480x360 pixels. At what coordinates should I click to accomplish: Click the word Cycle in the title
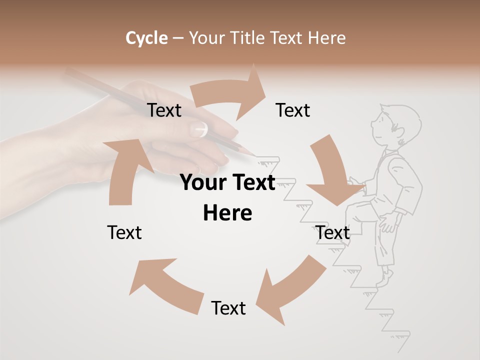(x=146, y=38)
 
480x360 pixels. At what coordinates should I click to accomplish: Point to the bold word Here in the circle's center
(x=227, y=213)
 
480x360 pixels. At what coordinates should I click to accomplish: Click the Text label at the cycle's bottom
(x=228, y=308)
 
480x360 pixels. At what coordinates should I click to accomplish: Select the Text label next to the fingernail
(x=164, y=110)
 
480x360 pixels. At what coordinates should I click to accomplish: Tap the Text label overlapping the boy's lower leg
(x=332, y=232)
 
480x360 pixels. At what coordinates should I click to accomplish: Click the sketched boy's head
(x=395, y=125)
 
